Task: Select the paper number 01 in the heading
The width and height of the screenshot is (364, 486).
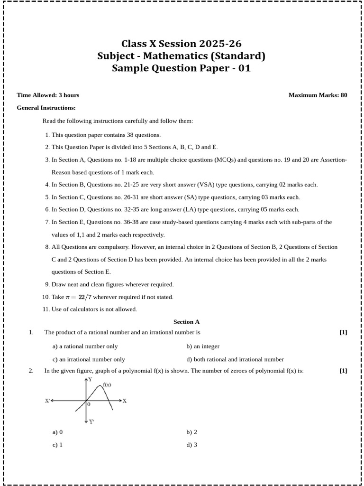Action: pos(244,68)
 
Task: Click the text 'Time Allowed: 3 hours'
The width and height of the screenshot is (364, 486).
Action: pos(48,95)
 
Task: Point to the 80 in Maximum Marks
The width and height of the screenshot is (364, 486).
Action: pos(344,95)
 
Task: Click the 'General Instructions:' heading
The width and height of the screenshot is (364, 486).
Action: pos(46,108)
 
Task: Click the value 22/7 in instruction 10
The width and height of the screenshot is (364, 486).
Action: pos(83,297)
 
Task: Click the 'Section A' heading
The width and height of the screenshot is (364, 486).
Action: pos(186,322)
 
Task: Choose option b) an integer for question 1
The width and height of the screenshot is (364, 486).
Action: pos(203,346)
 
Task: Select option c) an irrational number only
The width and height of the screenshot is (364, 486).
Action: pos(89,359)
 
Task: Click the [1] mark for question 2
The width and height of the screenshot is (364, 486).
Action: pos(343,371)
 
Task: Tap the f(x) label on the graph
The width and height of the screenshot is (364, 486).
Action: pos(107,385)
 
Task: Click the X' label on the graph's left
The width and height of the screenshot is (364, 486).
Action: pos(47,401)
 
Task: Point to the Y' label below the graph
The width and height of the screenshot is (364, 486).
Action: pos(91,421)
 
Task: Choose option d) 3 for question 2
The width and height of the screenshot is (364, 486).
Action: pos(192,445)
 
